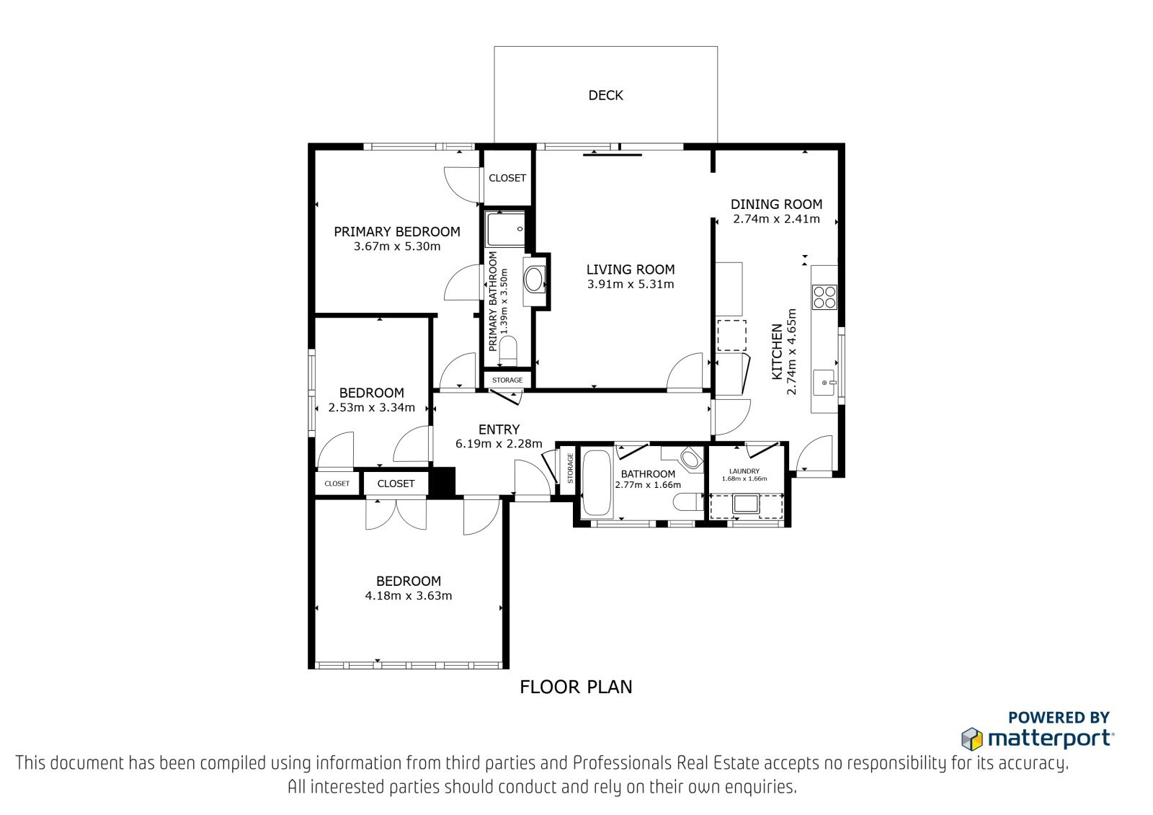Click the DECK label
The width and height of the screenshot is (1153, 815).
tap(605, 95)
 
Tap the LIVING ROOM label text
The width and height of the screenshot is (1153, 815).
tap(630, 270)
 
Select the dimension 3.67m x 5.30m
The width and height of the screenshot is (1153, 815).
tap(397, 246)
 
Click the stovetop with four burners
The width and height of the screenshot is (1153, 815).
tap(824, 297)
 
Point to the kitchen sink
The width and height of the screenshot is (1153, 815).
tap(824, 383)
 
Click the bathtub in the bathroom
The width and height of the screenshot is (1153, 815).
tap(597, 482)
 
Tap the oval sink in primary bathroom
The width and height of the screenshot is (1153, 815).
tap(534, 280)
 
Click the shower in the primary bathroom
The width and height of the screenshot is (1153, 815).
tap(507, 228)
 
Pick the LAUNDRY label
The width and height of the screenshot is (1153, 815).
tap(744, 471)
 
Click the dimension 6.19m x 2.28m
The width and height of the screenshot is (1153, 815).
tap(499, 443)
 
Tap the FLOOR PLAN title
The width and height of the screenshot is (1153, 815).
tap(576, 687)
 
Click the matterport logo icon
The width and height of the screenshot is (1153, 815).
tap(972, 739)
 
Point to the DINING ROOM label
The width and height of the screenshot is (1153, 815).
tap(776, 204)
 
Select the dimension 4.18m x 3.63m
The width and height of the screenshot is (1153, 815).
tap(408, 596)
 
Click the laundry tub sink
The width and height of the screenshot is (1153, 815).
tap(745, 504)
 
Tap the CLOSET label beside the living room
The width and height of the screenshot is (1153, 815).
tap(507, 178)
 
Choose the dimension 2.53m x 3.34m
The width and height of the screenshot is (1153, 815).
tap(371, 408)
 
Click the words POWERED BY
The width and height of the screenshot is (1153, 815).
tap(1059, 717)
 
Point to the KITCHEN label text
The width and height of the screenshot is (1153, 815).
tap(776, 352)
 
